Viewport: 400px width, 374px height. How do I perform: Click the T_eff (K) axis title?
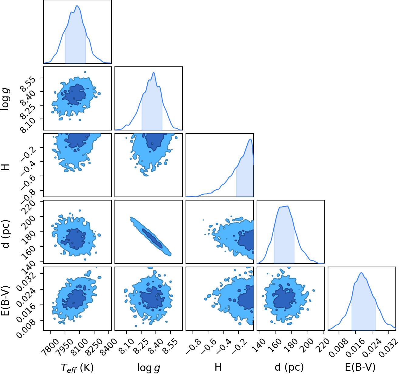click(x=77, y=368)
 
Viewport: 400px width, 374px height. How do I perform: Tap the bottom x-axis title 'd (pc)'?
click(x=289, y=367)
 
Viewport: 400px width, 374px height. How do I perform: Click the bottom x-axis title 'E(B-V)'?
click(x=360, y=367)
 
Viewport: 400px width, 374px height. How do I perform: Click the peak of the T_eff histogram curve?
click(x=77, y=6)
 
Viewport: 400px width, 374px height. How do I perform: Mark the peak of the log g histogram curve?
click(x=154, y=72)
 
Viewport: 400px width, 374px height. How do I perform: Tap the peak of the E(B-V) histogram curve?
click(x=361, y=273)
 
